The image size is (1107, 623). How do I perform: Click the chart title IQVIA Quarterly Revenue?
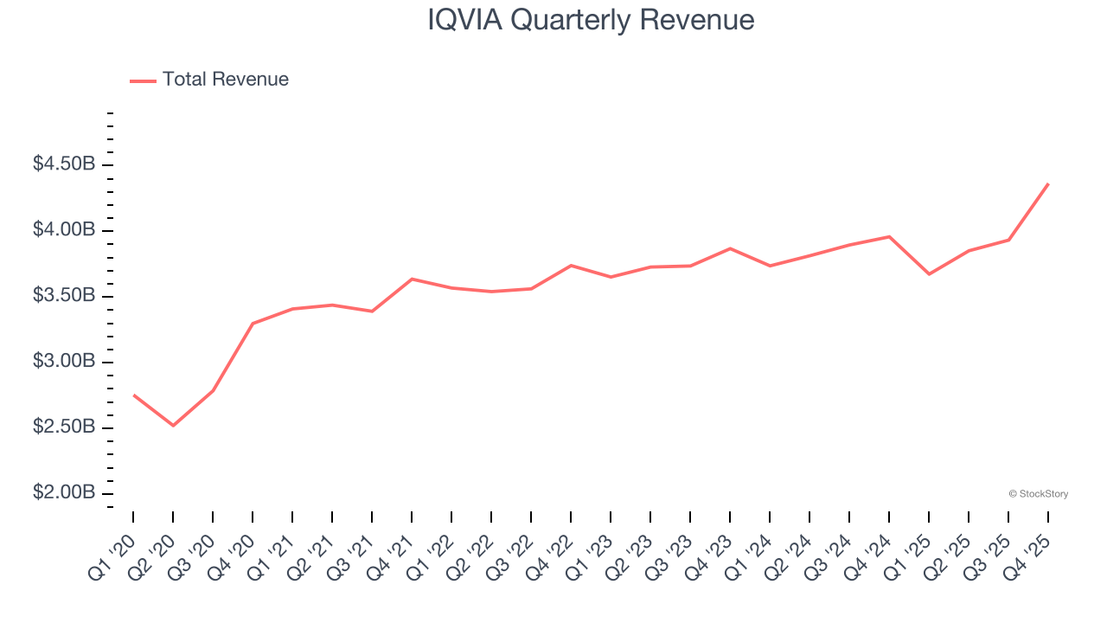click(x=591, y=20)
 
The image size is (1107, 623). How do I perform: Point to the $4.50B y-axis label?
click(x=64, y=164)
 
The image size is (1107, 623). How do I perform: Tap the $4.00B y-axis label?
click(x=64, y=230)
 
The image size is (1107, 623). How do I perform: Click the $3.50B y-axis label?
click(x=64, y=296)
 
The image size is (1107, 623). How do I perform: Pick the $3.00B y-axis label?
click(x=64, y=362)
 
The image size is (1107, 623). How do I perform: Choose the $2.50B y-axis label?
click(x=64, y=427)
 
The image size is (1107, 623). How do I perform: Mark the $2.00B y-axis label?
click(x=64, y=493)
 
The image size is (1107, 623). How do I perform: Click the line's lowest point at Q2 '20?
click(x=173, y=426)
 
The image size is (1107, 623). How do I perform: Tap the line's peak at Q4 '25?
click(x=1048, y=183)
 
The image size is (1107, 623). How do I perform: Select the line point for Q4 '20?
click(x=253, y=324)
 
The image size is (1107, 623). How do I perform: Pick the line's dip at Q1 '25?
click(x=929, y=274)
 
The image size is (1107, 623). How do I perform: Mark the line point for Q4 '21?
click(x=412, y=279)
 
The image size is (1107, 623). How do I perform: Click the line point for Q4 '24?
click(x=889, y=236)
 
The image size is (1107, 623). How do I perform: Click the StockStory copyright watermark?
click(x=1038, y=494)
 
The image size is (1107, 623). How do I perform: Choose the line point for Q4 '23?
click(x=730, y=248)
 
